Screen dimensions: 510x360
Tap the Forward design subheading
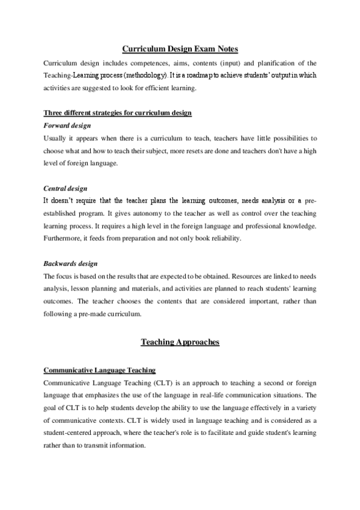67,125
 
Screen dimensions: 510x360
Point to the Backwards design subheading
70,263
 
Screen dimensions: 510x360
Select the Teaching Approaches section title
180,342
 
